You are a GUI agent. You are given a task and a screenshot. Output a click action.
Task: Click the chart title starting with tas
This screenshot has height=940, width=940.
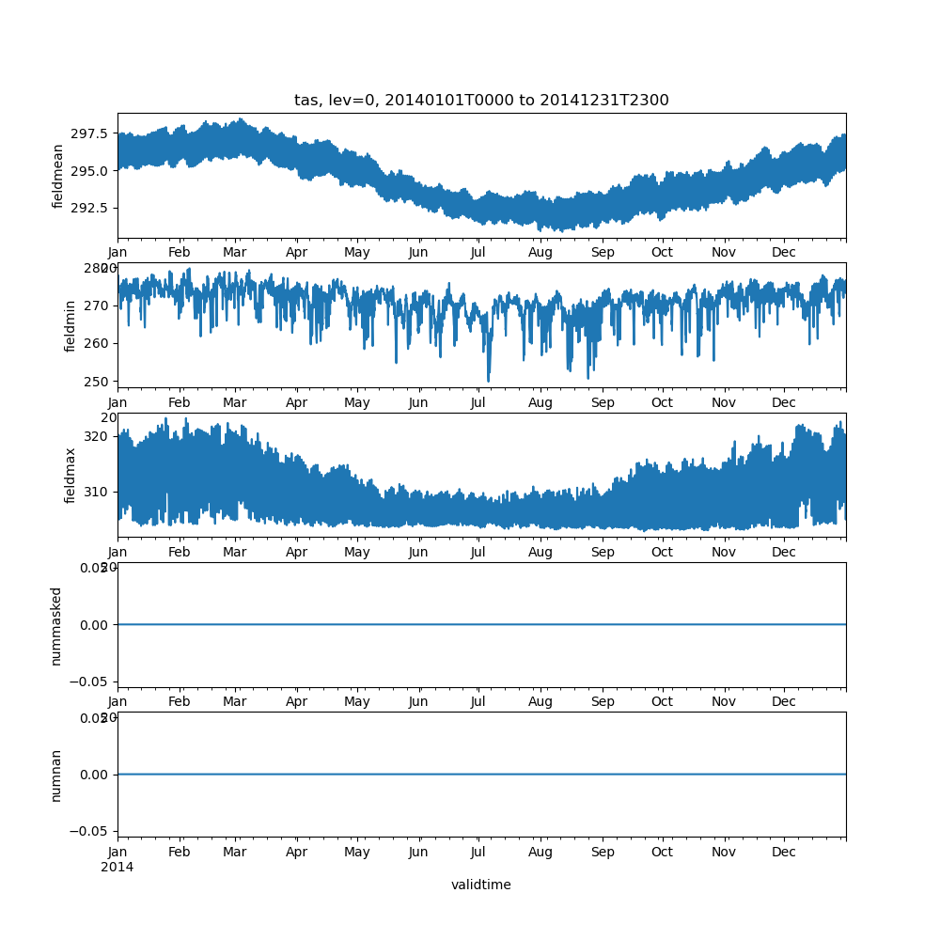coord(481,101)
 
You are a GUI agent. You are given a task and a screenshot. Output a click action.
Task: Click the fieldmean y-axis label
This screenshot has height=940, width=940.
coord(58,176)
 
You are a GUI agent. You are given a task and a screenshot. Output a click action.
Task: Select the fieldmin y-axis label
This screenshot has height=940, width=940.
coord(70,325)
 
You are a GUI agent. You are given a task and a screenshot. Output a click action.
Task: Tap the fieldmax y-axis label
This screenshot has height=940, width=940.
coord(70,475)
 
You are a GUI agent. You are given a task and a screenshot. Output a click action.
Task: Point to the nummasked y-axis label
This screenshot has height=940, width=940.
coord(55,625)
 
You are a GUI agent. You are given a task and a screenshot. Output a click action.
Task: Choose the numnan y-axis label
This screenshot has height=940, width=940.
coord(55,775)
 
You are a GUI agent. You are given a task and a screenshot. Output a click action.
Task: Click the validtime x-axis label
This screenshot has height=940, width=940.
coord(480,885)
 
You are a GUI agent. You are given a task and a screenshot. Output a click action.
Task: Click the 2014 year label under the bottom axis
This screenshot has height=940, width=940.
coord(117,867)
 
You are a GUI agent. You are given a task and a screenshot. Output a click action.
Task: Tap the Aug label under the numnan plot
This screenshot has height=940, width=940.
coord(540,853)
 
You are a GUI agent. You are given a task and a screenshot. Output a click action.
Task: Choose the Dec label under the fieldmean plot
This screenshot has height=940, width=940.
coord(784,253)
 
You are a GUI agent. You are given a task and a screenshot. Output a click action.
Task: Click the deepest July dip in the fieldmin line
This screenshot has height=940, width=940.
coord(488,381)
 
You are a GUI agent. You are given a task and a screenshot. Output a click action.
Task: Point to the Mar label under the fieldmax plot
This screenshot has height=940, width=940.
coord(234,553)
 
